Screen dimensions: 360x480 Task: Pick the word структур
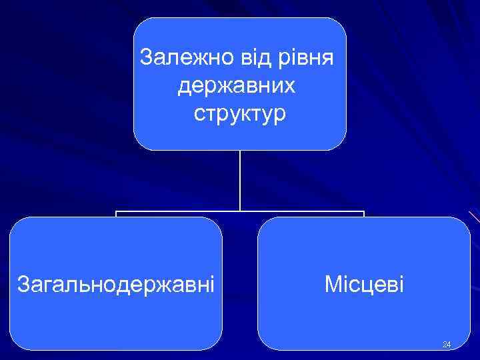pyautogui.click(x=240, y=113)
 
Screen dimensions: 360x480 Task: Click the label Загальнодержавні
pyautogui.click(x=115, y=285)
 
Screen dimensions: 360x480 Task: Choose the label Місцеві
pyautogui.click(x=364, y=285)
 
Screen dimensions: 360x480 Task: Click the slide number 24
pyautogui.click(x=446, y=345)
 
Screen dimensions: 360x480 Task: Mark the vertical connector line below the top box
pyautogui.click(x=240, y=180)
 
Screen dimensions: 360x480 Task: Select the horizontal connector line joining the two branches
pyautogui.click(x=180, y=212)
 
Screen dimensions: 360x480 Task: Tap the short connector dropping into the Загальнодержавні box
pyautogui.click(x=116, y=215)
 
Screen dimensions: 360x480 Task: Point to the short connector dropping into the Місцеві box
pyautogui.click(x=364, y=215)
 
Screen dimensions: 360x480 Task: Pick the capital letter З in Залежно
pyautogui.click(x=147, y=57)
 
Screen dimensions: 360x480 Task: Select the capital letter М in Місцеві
pyautogui.click(x=332, y=285)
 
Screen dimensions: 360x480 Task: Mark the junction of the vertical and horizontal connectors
pyautogui.click(x=240, y=212)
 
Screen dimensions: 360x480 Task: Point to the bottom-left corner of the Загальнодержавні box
pyautogui.click(x=15, y=345)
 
